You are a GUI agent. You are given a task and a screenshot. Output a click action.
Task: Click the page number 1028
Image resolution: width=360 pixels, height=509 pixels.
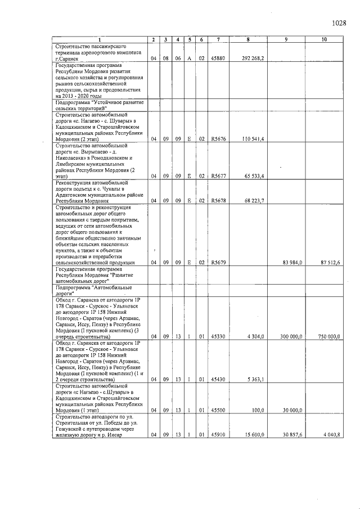(x=339, y=23)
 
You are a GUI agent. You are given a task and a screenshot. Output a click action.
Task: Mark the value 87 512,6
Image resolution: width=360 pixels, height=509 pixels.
(x=330, y=262)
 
